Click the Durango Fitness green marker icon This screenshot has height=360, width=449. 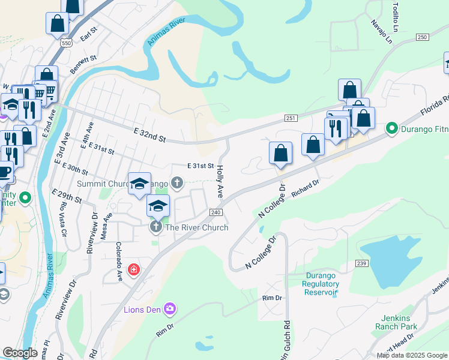click(393, 128)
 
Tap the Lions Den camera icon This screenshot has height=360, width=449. click(170, 309)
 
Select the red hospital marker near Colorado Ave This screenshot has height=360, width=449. click(133, 270)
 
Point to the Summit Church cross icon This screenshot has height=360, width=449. click(176, 182)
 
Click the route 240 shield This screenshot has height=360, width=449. click(217, 212)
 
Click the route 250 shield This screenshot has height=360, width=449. click(423, 37)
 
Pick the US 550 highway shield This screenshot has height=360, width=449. click(67, 43)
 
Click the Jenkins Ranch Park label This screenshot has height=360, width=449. click(396, 322)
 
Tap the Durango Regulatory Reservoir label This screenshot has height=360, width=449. click(321, 284)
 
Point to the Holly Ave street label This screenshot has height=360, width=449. click(220, 182)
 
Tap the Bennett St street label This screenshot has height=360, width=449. click(83, 64)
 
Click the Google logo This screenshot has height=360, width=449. click(20, 353)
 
